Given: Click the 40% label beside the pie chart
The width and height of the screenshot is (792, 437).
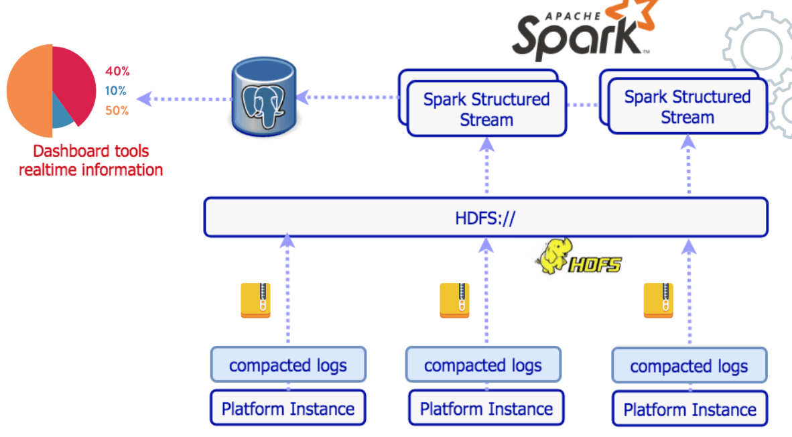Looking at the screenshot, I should click(117, 71).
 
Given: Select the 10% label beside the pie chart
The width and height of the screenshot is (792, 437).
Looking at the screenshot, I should click(116, 91).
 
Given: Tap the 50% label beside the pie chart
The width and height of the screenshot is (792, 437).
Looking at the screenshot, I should click(117, 111).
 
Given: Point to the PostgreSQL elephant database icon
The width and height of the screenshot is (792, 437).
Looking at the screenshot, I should click(263, 98).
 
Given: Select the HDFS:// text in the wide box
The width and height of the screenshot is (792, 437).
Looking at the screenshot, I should click(486, 217).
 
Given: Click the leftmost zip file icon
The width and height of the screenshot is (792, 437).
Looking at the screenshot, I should click(255, 300).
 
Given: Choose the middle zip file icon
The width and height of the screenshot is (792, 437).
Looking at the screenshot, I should click(454, 300).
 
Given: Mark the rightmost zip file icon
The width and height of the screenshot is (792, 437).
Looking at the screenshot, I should click(658, 300).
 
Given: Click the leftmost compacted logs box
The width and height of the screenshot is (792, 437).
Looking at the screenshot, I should click(288, 365).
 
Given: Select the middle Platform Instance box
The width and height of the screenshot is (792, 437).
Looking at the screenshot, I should click(486, 408).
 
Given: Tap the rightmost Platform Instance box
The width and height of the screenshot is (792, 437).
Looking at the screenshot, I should click(689, 409).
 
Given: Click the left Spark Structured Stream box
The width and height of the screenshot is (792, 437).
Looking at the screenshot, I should click(486, 109).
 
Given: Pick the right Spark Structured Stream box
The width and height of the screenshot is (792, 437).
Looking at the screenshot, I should click(687, 107).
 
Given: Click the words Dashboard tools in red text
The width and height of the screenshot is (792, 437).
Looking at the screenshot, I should click(91, 151).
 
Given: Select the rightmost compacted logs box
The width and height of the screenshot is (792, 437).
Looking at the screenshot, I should click(689, 366).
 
